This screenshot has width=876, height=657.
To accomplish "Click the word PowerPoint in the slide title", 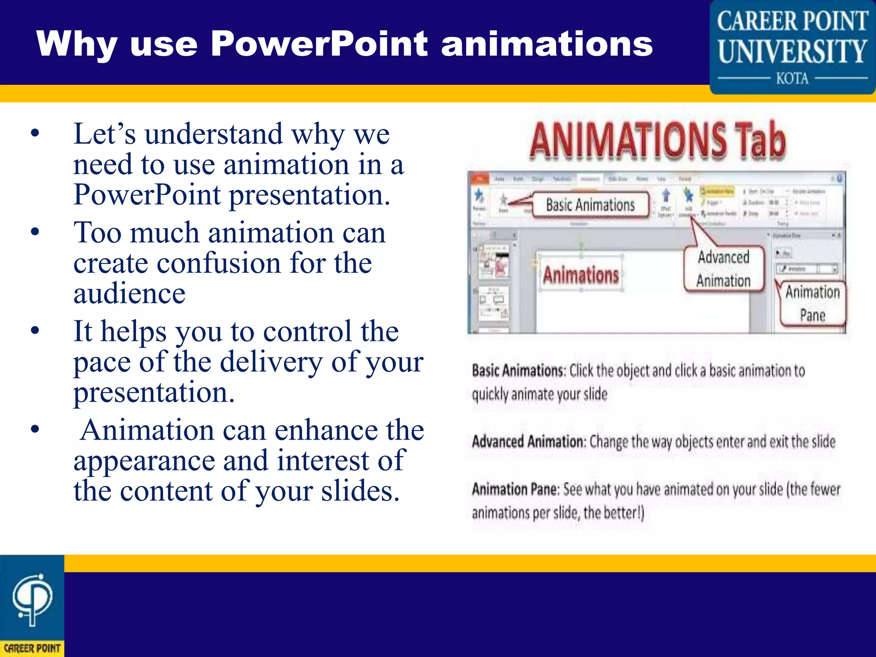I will click(x=319, y=44).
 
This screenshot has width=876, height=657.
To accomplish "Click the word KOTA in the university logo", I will click(x=792, y=79).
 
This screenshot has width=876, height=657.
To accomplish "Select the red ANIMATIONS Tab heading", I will click(x=657, y=140).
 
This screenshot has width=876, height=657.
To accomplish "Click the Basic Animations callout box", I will click(x=590, y=205).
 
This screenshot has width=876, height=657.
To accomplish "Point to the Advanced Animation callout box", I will click(x=723, y=269).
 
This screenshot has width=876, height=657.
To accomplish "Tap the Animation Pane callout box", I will click(x=812, y=303).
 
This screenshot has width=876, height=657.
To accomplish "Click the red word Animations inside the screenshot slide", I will click(x=581, y=275).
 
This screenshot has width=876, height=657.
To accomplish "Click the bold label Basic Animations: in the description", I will click(x=519, y=370).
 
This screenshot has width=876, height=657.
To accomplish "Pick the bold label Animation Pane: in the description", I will click(x=515, y=489).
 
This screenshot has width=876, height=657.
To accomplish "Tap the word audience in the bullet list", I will click(x=129, y=294).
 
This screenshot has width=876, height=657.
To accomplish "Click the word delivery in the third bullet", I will click(x=271, y=362).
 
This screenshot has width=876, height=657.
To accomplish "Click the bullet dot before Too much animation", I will click(x=35, y=232).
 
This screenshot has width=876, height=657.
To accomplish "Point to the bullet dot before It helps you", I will click(x=35, y=331).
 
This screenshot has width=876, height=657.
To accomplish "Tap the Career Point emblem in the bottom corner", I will click(x=32, y=605).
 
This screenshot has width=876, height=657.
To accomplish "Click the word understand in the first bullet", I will click(x=213, y=134).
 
